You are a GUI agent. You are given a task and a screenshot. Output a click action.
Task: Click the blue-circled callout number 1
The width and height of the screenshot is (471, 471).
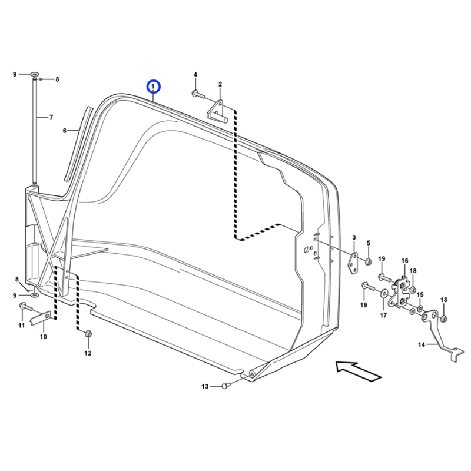coord(153,87)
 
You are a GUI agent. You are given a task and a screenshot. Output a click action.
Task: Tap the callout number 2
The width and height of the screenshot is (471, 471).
coord(220,84)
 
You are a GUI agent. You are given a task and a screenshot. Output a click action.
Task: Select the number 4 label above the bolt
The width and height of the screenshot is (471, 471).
coord(195,75)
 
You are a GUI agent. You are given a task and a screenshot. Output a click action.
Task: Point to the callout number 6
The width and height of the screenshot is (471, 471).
coord(65,130)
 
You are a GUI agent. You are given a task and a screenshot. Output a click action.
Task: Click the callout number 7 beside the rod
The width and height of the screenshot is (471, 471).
coord(51,117)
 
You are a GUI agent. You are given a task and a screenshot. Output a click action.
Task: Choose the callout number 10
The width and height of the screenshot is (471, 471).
coord(43,337)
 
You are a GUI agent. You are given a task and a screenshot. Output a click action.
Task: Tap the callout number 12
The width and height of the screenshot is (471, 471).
coord(88,353)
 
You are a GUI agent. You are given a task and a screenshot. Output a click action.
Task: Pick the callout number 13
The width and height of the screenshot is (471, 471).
coord(205,386)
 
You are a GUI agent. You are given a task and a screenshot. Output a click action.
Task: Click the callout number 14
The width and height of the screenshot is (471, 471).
coord(422,344)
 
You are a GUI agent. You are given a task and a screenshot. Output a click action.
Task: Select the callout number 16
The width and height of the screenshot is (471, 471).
coord(404,260)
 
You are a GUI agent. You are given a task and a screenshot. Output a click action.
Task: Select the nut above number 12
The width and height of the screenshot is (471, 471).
coord(88,334)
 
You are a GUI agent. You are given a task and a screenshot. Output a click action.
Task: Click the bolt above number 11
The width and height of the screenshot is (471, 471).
coord(24,306)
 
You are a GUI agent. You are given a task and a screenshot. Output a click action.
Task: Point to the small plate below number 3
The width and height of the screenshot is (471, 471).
coord(354,263)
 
